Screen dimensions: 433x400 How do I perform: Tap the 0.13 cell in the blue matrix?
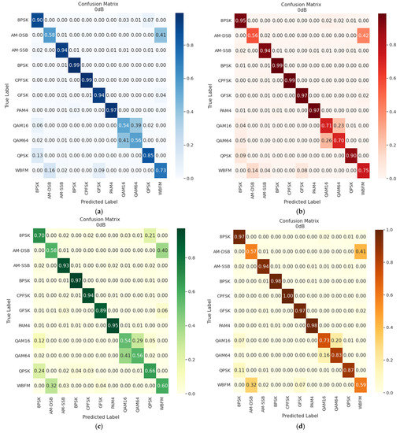35,154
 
